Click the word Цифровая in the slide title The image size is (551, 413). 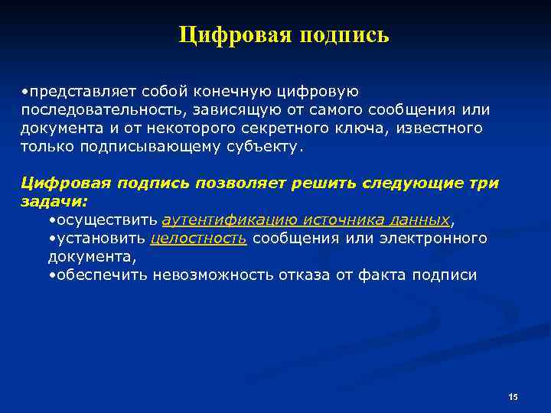pyautogui.click(x=227, y=36)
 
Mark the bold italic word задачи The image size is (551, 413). pyautogui.click(x=53, y=202)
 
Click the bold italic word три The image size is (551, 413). pyautogui.click(x=485, y=184)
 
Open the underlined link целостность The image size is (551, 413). pyautogui.click(x=199, y=238)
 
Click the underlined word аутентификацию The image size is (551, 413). pyautogui.click(x=230, y=220)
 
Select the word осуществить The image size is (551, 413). pyautogui.click(x=106, y=220)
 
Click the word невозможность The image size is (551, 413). pyautogui.click(x=205, y=274)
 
